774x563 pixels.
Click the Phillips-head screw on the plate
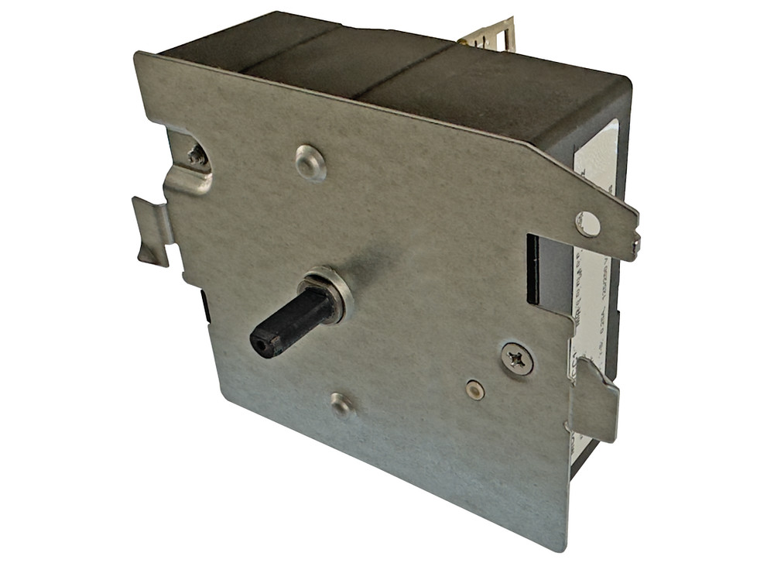tap(516, 359)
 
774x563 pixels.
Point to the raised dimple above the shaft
tap(310, 162)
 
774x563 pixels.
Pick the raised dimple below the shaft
tap(341, 403)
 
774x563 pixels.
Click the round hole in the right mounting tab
tap(587, 224)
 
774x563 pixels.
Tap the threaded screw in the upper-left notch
tap(197, 155)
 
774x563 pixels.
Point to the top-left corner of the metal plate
tap(137, 54)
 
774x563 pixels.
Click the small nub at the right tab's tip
tap(635, 245)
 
